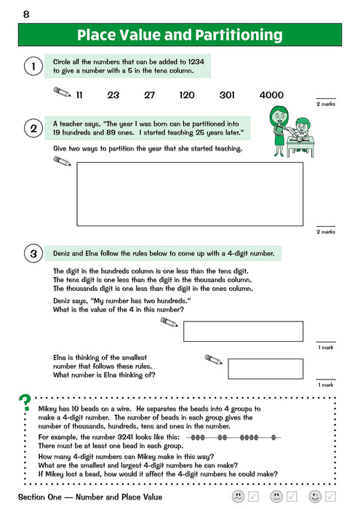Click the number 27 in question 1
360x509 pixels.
(149, 95)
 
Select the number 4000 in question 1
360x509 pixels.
(271, 95)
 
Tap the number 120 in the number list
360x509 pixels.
(187, 95)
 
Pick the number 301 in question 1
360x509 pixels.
(227, 95)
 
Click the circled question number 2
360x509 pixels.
(33, 129)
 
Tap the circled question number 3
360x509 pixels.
(33, 254)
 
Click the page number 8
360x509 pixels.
(26, 15)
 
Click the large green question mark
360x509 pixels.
(25, 403)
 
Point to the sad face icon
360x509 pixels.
(238, 497)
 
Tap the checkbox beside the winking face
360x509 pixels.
(330, 497)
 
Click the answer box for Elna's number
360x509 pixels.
(265, 369)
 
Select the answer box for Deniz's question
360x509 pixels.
(244, 332)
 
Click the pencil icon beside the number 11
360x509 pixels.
(63, 92)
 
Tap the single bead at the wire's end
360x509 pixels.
(273, 438)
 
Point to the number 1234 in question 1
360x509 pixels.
(196, 62)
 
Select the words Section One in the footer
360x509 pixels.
(39, 497)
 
